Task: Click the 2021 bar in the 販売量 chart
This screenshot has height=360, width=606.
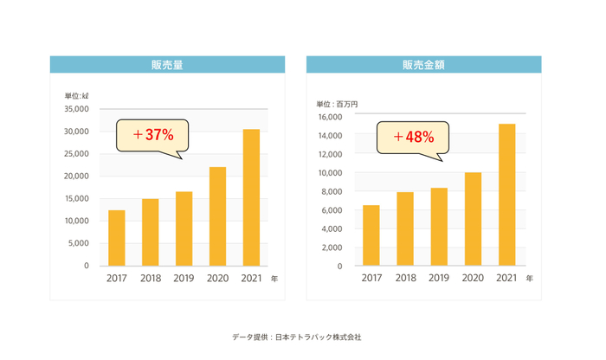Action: coord(251,198)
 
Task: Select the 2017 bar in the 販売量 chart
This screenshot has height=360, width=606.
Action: coord(117,238)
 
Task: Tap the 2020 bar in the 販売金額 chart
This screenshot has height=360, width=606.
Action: coord(473,219)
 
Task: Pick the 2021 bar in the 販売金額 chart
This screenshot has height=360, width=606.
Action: coord(506,195)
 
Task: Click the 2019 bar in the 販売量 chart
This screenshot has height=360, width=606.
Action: coord(184,228)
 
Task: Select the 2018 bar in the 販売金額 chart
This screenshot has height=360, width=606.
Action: coord(405,228)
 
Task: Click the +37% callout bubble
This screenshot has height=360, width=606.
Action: coord(153,135)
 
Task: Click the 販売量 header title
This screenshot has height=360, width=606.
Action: coord(166,65)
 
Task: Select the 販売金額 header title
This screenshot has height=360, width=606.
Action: coord(424,65)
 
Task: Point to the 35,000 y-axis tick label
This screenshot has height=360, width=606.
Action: coord(76,109)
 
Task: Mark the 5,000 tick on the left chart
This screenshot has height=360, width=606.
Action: coord(79,243)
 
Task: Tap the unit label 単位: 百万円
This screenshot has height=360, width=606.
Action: coord(337,104)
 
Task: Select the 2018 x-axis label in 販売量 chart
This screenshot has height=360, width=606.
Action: coord(150,279)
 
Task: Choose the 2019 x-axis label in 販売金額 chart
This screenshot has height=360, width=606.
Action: coord(439,279)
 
